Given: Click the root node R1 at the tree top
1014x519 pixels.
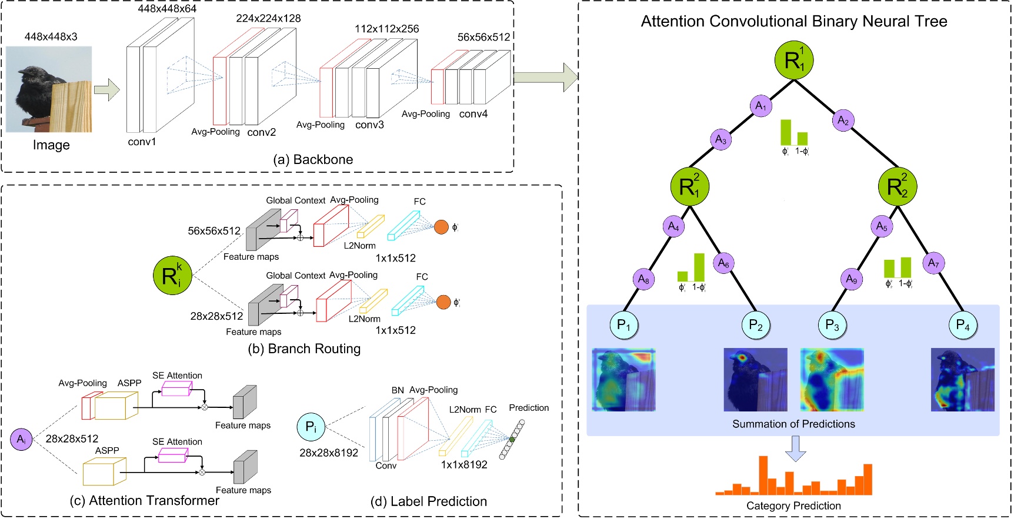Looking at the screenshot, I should [794, 60].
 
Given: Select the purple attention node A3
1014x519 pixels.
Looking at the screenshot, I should [721, 140].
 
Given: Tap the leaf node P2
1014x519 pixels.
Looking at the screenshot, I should [755, 325].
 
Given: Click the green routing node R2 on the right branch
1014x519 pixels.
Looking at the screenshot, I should [897, 187].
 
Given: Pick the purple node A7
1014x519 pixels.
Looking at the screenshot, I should [933, 263].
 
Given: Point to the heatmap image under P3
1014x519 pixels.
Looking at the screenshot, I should [832, 379].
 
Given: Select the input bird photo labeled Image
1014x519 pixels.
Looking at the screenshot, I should [49, 89].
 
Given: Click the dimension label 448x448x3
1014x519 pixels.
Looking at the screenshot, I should [51, 36].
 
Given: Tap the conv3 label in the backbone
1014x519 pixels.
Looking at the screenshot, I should [369, 125].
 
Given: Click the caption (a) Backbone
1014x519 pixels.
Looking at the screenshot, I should [313, 159].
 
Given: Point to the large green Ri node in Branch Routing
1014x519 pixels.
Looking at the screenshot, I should [172, 275].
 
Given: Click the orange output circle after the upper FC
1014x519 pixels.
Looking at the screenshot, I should [441, 227].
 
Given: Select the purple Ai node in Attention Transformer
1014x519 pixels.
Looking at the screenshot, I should [22, 439].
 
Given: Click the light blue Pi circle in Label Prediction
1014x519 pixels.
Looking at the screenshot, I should [311, 427].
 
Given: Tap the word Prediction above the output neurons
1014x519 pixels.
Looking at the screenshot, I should [529, 407].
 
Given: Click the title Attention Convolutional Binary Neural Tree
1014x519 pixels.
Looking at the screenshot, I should [793, 22].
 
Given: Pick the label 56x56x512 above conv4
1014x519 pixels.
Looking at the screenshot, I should [483, 37].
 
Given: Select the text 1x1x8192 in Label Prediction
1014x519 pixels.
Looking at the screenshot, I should [464, 464].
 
